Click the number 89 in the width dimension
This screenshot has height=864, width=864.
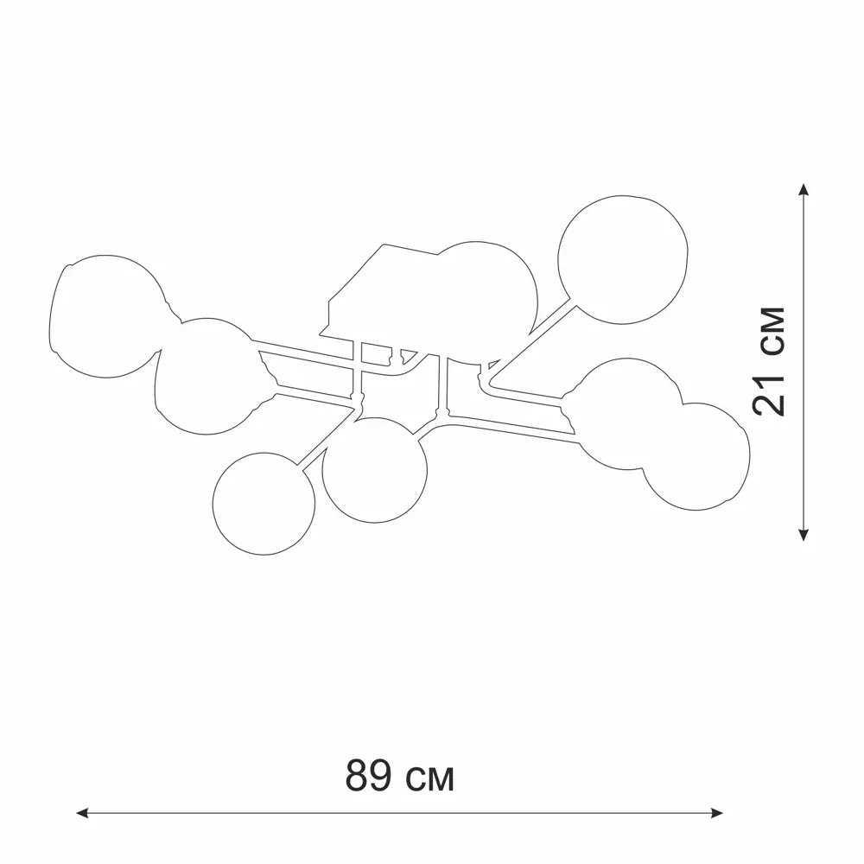pyautogui.click(x=368, y=775)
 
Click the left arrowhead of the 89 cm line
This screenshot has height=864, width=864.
pyautogui.click(x=82, y=813)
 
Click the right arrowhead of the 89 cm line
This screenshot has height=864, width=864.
pyautogui.click(x=716, y=813)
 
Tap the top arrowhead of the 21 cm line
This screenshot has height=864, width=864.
pyautogui.click(x=804, y=190)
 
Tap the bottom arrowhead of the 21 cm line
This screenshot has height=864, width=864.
pyautogui.click(x=804, y=534)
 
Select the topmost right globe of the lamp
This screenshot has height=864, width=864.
pyautogui.click(x=623, y=259)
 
